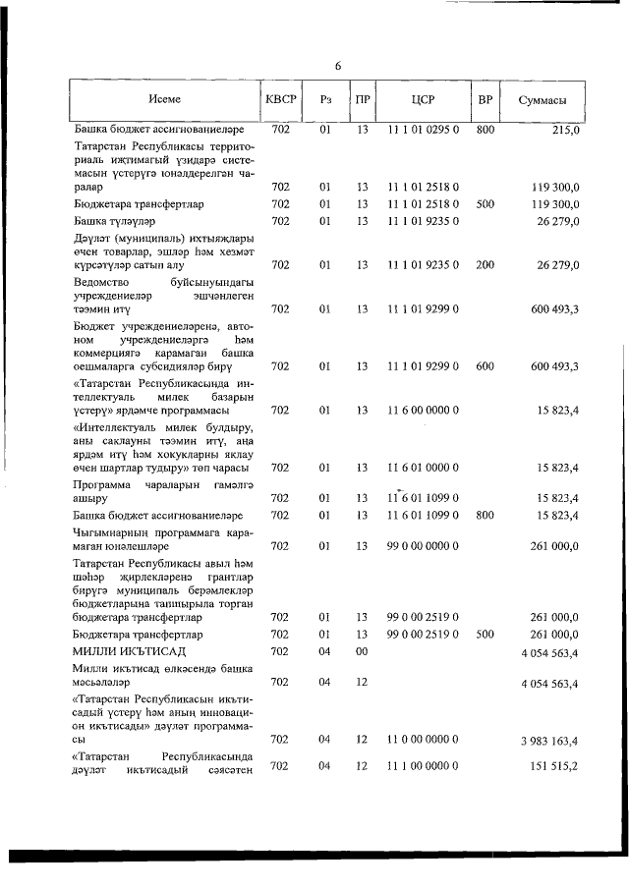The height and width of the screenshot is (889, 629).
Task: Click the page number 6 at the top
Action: coord(337,66)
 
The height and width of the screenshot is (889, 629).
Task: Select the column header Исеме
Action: coord(165,100)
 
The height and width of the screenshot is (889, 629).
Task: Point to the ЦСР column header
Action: coord(423,100)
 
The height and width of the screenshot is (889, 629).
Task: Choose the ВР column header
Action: coord(485,100)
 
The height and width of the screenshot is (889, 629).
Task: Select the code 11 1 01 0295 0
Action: coord(423,130)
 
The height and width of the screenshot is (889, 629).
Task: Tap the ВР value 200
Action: coord(485,264)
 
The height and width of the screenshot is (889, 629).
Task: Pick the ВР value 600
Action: coord(485,366)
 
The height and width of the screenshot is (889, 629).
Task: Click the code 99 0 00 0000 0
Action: coord(423,544)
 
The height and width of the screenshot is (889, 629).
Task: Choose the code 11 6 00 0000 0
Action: coord(423,411)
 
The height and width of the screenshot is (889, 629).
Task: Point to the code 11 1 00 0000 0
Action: coord(423,766)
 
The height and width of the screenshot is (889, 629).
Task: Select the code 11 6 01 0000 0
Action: coord(423,468)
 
